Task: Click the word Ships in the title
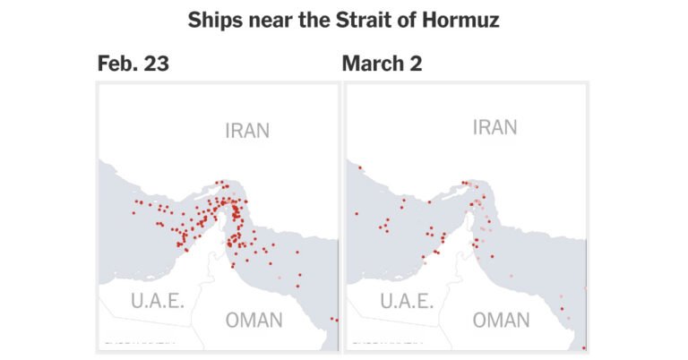(216, 21)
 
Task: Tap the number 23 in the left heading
(156, 65)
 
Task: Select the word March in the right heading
(372, 65)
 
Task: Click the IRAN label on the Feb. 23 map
(246, 132)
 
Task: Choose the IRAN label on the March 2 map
(494, 128)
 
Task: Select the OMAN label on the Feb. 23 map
(253, 320)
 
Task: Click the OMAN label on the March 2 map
(501, 320)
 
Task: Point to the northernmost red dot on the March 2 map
(359, 167)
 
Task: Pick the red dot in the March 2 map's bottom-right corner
(584, 347)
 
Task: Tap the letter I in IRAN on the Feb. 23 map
(228, 132)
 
